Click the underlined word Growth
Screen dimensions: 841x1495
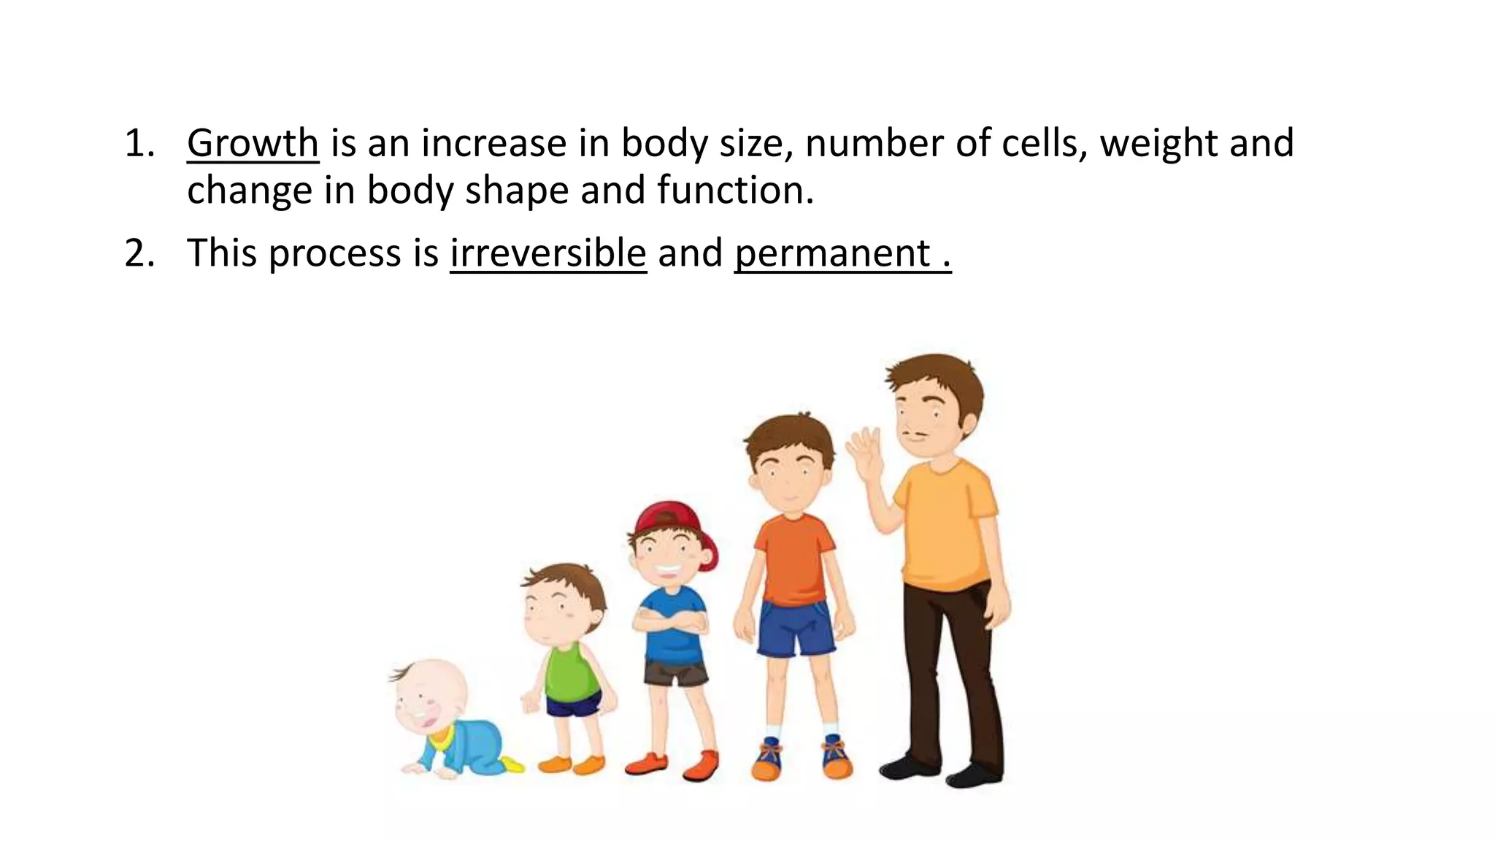[x=253, y=143]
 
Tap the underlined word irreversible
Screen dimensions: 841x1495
[x=548, y=253]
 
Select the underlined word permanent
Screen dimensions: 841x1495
[x=833, y=253]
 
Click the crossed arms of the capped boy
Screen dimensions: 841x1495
[x=670, y=621]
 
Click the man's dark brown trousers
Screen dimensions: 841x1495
[x=950, y=672]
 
